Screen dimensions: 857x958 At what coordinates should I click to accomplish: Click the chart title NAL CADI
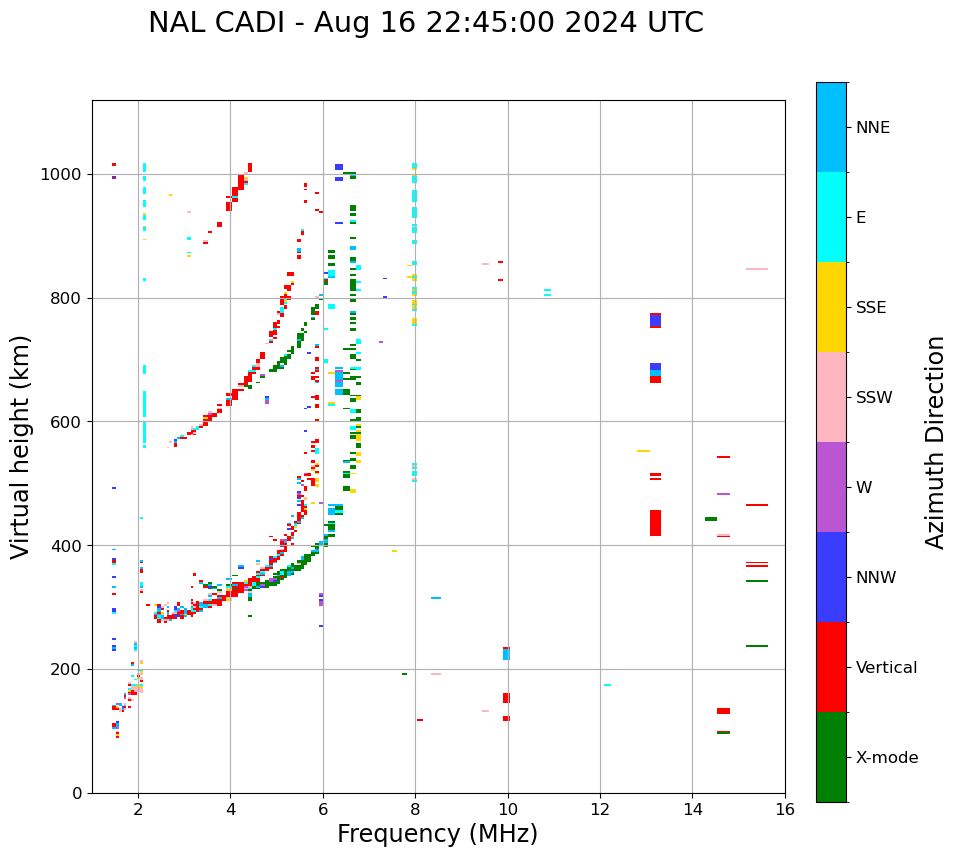(425, 23)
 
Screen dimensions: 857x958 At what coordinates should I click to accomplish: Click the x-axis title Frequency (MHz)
(437, 834)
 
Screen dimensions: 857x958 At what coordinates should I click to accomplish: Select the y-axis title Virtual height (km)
(21, 446)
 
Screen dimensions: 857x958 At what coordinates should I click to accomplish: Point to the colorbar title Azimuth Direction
(935, 442)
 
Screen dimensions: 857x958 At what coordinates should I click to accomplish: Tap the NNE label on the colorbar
(872, 128)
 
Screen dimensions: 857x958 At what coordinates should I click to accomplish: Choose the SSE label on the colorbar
(870, 308)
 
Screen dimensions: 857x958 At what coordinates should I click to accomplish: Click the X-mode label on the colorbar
(886, 758)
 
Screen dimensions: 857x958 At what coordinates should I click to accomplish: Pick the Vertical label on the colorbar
(886, 668)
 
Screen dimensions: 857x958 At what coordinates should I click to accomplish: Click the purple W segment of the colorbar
(831, 487)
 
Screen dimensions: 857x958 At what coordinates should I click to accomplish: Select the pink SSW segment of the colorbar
(831, 397)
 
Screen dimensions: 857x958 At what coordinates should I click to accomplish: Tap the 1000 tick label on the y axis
(61, 175)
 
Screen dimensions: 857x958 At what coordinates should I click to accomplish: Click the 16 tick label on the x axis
(784, 809)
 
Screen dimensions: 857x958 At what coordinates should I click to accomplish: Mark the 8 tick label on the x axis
(415, 809)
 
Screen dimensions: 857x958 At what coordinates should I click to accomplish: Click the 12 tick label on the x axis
(600, 809)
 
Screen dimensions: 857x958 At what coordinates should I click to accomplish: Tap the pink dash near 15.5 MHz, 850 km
(756, 269)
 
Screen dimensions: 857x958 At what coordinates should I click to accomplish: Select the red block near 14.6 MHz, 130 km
(723, 711)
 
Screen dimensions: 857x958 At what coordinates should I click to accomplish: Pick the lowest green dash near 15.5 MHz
(756, 646)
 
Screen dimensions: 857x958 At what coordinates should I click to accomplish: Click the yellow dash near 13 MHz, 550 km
(643, 451)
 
